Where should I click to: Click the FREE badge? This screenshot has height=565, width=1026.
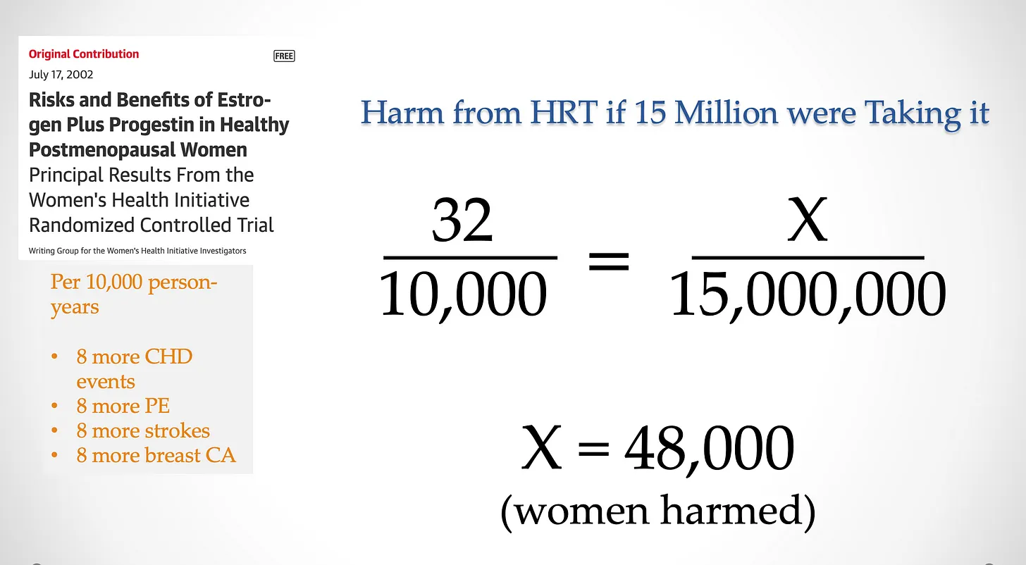point(284,56)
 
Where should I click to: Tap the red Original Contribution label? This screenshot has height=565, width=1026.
point(84,54)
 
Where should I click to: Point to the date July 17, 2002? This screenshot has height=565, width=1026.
point(61,74)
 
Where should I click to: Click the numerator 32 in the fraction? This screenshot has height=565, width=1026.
point(462,220)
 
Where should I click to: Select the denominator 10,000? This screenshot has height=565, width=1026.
point(463,294)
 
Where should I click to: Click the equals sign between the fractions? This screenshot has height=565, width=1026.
point(609,261)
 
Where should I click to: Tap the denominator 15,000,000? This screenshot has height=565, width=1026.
point(808,294)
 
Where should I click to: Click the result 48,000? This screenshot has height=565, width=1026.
point(709,447)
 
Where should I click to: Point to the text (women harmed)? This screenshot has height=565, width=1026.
point(658,511)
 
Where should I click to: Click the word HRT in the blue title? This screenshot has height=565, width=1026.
point(564,112)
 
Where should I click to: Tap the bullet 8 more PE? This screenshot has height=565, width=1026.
point(123,406)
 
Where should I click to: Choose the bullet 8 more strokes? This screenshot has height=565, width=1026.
point(143,430)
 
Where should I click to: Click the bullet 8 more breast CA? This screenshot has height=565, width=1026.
point(156,455)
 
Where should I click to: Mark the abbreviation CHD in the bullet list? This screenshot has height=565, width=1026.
point(168,356)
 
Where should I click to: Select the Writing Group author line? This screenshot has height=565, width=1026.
point(137,251)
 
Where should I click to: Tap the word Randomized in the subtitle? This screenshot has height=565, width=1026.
point(80,225)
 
